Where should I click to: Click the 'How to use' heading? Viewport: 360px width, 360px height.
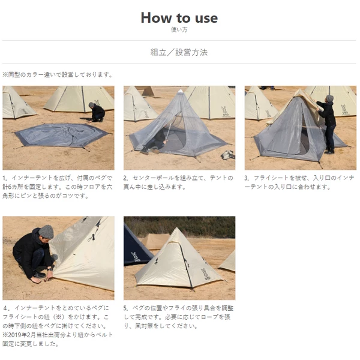point(179,17)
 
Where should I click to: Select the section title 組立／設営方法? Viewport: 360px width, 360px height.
point(179,52)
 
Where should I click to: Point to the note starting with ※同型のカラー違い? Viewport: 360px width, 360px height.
point(58,75)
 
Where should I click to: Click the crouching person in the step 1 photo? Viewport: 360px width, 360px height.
point(97,112)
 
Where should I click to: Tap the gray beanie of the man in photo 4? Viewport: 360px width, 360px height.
point(46,232)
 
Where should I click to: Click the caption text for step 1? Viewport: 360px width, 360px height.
point(58,187)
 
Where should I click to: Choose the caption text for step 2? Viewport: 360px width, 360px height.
point(178,182)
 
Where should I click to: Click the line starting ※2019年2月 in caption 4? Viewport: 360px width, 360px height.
point(58,340)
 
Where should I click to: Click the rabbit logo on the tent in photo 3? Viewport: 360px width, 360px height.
point(344,109)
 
